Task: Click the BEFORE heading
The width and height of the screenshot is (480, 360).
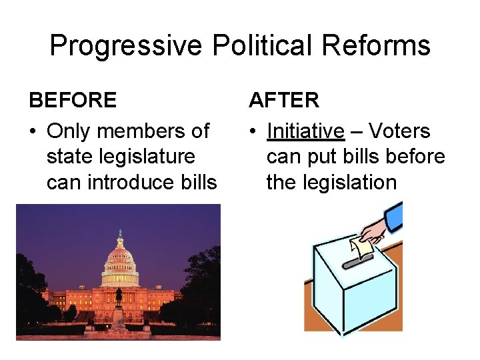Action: tap(73, 100)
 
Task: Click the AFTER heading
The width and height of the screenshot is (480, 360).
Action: tap(284, 100)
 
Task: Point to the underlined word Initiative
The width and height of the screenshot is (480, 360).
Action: tap(305, 131)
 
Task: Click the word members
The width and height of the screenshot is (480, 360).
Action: tap(143, 131)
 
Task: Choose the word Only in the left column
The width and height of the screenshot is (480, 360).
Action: tap(70, 131)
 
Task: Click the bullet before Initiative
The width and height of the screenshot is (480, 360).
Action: tap(253, 131)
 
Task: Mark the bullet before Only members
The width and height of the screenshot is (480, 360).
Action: tap(33, 131)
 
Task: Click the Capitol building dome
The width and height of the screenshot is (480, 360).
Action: tap(120, 257)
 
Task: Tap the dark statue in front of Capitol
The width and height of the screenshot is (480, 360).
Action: tap(118, 296)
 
